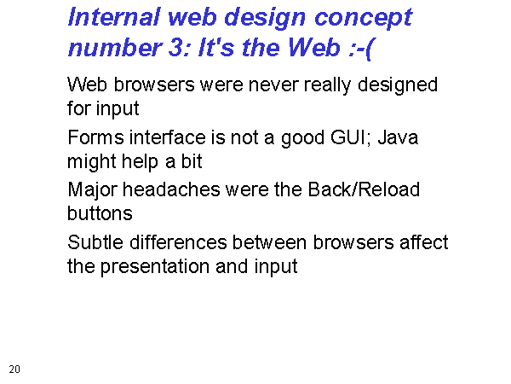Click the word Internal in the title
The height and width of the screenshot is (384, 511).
tap(114, 17)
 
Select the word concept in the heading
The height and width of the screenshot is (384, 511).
tap(364, 19)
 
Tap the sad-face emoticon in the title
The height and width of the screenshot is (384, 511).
tap(361, 49)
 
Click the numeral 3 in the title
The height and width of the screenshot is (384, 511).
tap(176, 47)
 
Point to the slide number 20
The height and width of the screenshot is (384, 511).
tap(14, 369)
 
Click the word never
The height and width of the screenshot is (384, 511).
tap(273, 84)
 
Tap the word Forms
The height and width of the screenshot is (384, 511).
tap(95, 137)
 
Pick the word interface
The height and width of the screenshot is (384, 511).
tap(168, 137)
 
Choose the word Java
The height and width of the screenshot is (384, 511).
tap(398, 137)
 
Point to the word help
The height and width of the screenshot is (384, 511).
tap(141, 162)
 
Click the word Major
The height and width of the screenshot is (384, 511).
tap(92, 191)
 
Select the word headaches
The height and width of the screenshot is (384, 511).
tap(171, 189)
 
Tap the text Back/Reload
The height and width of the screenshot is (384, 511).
tap(364, 189)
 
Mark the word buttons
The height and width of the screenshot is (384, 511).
tap(100, 213)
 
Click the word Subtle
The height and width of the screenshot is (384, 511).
tap(95, 242)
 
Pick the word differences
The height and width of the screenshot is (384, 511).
tap(178, 242)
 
